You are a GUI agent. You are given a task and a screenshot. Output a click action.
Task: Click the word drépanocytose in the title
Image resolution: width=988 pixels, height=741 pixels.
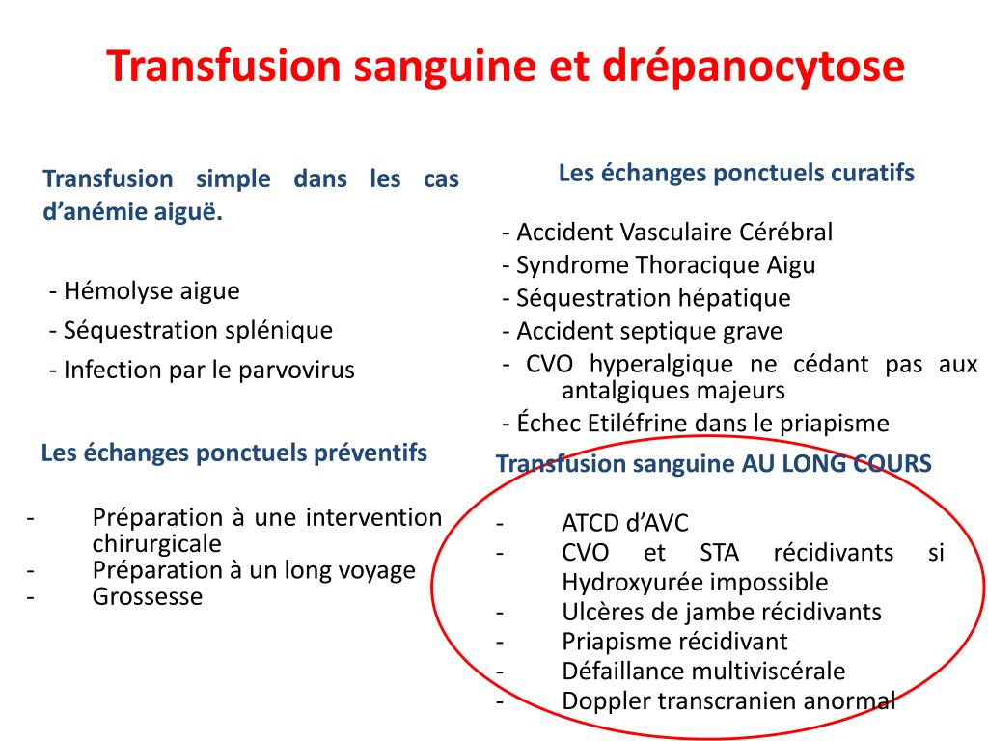click(x=755, y=67)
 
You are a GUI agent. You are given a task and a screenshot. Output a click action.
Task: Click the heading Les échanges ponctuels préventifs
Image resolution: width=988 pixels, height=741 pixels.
click(x=234, y=453)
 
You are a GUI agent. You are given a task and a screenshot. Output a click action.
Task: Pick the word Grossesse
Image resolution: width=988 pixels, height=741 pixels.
click(x=148, y=596)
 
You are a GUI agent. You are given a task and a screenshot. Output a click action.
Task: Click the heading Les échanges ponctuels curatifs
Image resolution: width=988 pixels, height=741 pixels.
click(x=736, y=173)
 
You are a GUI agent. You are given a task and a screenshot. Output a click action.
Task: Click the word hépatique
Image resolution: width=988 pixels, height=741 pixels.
click(x=733, y=298)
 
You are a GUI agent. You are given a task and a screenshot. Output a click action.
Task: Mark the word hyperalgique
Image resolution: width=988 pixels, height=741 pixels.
click(x=656, y=364)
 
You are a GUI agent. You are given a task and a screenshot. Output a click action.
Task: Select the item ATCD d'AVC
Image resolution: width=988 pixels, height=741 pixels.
click(x=625, y=524)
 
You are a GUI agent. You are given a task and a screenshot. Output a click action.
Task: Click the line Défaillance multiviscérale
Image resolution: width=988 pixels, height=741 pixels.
click(x=703, y=671)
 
